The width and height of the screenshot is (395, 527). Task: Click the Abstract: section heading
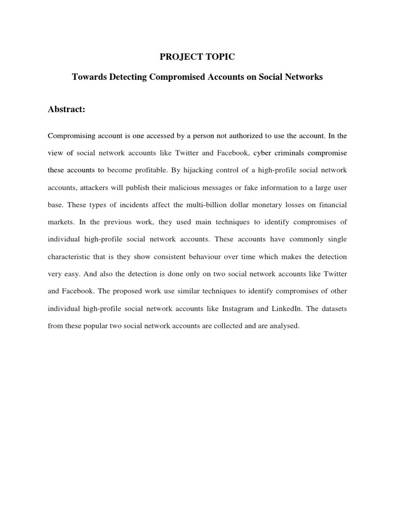click(x=66, y=110)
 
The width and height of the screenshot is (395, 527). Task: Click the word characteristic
click(x=72, y=257)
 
